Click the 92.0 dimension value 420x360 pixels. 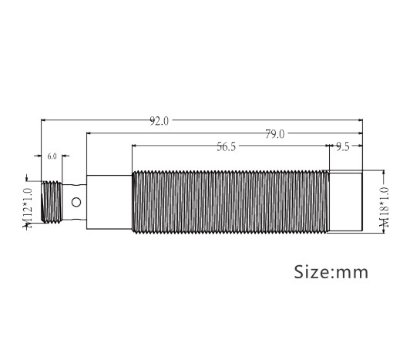click(x=159, y=121)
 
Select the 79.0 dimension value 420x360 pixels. click(x=274, y=134)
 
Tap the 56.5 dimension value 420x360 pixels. click(x=226, y=147)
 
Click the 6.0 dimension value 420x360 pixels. click(x=52, y=156)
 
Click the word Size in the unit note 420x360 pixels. click(x=311, y=272)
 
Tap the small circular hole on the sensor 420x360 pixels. click(x=76, y=203)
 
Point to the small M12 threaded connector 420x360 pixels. click(x=52, y=202)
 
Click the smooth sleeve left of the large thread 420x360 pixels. click(x=109, y=203)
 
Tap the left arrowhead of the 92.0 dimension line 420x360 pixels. click(x=43, y=120)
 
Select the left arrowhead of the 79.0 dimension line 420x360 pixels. click(x=89, y=133)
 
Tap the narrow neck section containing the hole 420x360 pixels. click(x=76, y=203)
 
